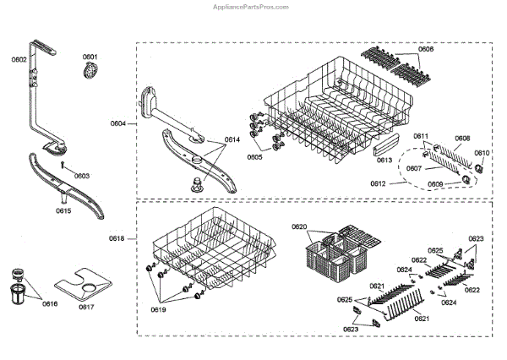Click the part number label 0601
(90, 57)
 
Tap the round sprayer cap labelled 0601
(90, 74)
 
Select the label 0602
(19, 59)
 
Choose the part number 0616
(50, 304)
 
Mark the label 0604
(117, 124)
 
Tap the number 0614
(232, 139)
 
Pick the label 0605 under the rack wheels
(254, 157)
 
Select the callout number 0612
(379, 183)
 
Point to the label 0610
(481, 153)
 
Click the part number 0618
(117, 239)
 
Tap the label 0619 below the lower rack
(160, 310)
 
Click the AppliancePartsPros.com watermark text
(253, 5)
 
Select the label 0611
(422, 137)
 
